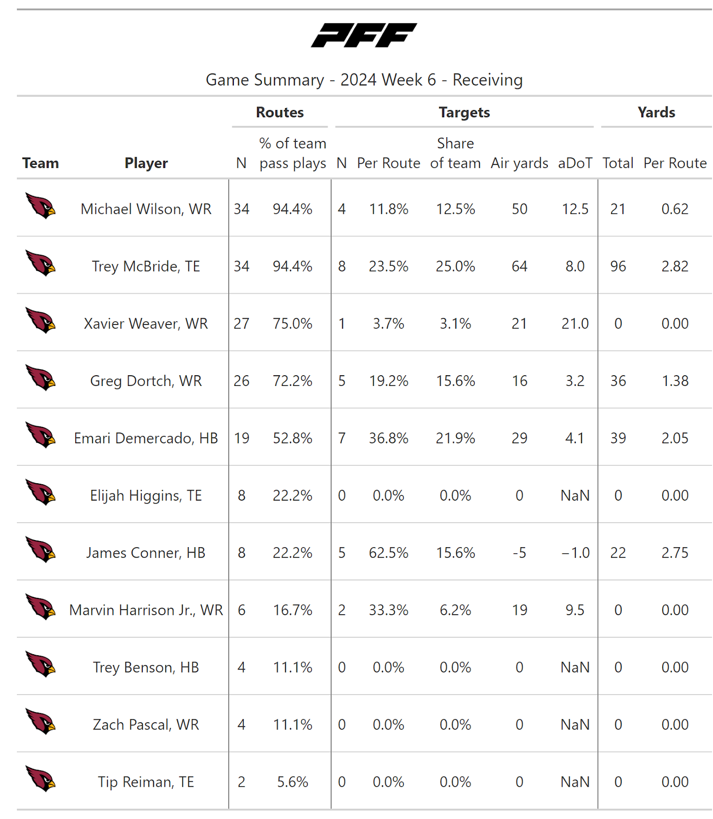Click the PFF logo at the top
click(364, 35)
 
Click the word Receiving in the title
click(487, 80)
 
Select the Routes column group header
click(279, 112)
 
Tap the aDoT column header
click(575, 163)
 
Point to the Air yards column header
click(519, 163)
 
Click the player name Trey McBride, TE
click(146, 266)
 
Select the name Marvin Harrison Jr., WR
click(146, 610)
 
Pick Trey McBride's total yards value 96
click(618, 266)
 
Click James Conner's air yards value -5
click(519, 553)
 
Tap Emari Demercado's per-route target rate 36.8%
click(388, 438)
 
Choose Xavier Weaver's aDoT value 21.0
click(575, 324)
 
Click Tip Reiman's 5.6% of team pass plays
click(292, 782)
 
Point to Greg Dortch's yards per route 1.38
click(675, 381)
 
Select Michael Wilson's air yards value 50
click(519, 209)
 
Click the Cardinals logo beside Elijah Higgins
click(41, 492)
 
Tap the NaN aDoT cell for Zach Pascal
click(575, 725)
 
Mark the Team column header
click(40, 163)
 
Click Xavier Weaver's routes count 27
click(241, 324)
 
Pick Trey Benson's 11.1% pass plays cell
click(292, 667)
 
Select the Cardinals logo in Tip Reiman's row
click(41, 779)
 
